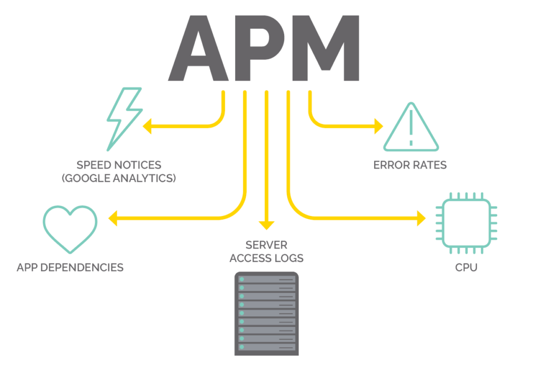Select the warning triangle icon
[x=410, y=128]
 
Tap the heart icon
[x=70, y=228]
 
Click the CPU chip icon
[x=466, y=225]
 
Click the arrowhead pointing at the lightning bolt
[x=148, y=126]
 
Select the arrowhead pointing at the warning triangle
[x=378, y=126]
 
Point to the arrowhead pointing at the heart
[x=114, y=218]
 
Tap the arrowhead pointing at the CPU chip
[x=421, y=218]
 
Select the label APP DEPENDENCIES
[x=70, y=267]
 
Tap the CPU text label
[x=466, y=267]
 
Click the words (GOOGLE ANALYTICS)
[x=118, y=178]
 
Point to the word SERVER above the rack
[x=266, y=245]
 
